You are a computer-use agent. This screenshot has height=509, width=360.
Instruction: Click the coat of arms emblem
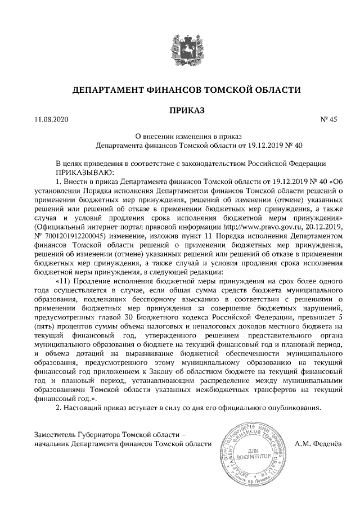tap(180, 52)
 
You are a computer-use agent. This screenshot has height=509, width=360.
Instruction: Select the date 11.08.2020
tap(51, 119)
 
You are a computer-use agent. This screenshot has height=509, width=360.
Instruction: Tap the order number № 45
tap(328, 119)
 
